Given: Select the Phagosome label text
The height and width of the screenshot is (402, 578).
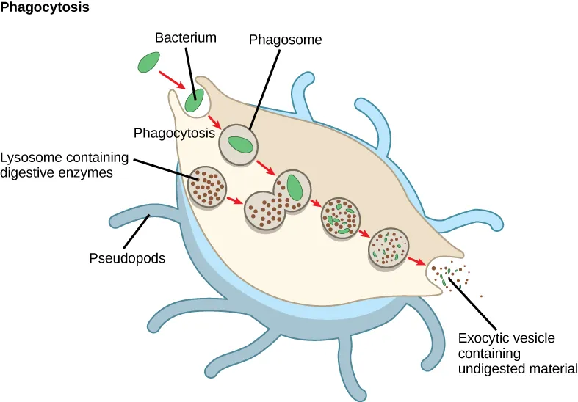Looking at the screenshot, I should (x=285, y=40).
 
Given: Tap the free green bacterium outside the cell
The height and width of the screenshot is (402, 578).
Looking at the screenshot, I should (x=149, y=63).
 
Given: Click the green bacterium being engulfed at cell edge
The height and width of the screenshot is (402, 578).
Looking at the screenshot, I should (x=195, y=100).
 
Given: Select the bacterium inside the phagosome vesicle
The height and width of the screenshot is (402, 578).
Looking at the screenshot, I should (x=240, y=143).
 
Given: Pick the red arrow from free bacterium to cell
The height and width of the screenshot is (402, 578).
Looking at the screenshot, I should (x=173, y=80).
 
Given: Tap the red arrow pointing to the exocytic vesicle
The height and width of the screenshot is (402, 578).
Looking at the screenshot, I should (x=416, y=260).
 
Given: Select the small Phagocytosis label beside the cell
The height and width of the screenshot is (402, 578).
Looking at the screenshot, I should (x=174, y=134).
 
